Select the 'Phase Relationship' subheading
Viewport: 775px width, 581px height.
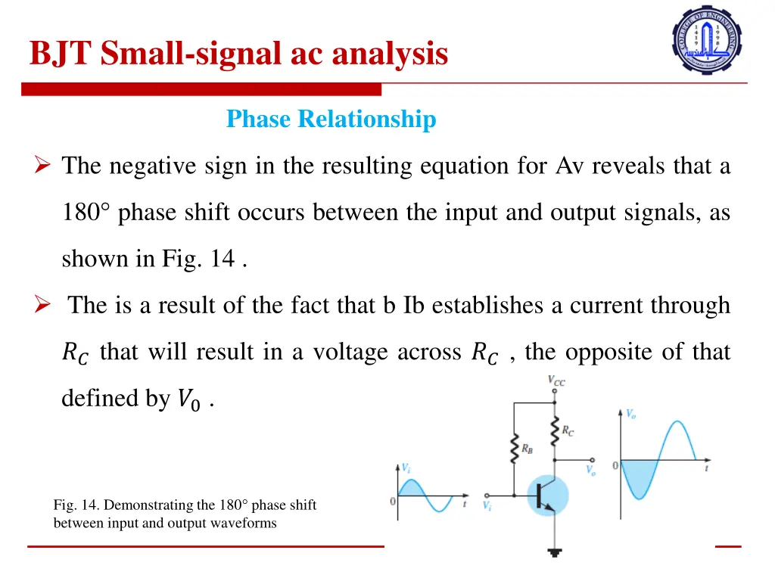click(x=331, y=120)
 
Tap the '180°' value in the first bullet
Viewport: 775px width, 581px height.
click(x=87, y=213)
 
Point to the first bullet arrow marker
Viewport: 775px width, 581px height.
click(x=42, y=166)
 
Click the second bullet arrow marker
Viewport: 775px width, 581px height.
click(x=42, y=306)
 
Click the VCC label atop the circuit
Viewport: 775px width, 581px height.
click(x=556, y=381)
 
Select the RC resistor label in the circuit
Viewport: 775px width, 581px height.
click(x=568, y=430)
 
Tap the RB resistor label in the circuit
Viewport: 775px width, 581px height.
click(x=527, y=447)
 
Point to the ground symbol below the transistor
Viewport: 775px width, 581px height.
click(x=555, y=552)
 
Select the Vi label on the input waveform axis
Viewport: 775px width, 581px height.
click(x=406, y=468)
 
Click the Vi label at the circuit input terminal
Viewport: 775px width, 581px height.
click(x=487, y=506)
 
